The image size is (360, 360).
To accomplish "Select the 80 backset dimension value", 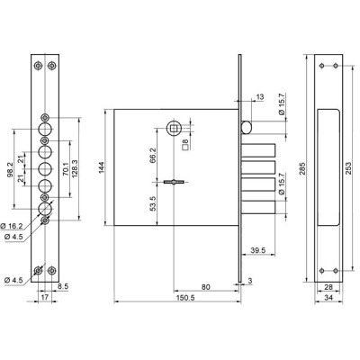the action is [205, 287].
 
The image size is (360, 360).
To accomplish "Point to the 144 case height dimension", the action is [101, 167].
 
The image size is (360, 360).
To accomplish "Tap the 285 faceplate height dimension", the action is [302, 168].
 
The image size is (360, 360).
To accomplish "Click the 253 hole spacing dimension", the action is [348, 168].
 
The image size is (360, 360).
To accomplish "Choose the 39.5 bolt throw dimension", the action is [258, 250].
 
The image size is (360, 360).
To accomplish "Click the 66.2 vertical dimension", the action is [153, 155].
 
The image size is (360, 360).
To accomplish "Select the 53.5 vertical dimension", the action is [153, 203].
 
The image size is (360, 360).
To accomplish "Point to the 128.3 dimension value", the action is [75, 167].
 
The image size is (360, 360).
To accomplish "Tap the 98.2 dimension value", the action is [10, 169].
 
